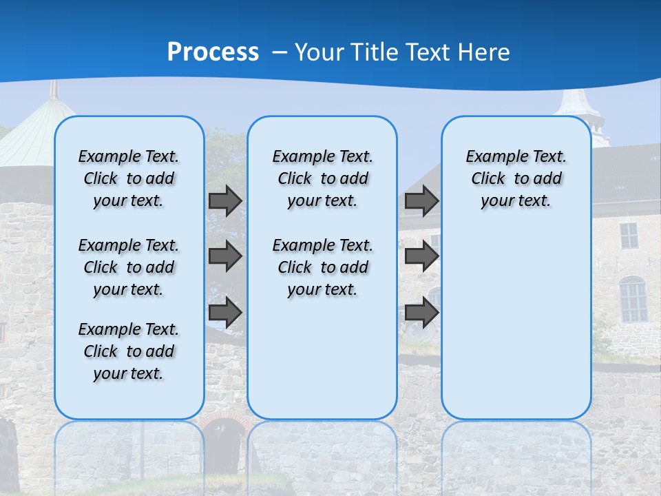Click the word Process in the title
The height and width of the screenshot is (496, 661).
click(x=213, y=52)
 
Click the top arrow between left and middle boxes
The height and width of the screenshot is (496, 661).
click(x=225, y=201)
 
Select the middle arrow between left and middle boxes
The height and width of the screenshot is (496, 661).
click(x=225, y=256)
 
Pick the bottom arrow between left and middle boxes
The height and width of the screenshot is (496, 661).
click(x=225, y=312)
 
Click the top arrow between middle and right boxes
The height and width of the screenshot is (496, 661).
click(x=421, y=201)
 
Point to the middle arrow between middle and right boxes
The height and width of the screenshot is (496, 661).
click(x=421, y=256)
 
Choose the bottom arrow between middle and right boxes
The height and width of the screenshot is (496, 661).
click(x=421, y=312)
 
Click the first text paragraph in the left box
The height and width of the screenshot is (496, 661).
click(x=129, y=178)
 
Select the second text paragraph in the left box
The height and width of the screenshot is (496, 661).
click(x=129, y=267)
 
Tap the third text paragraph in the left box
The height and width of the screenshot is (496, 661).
click(x=129, y=351)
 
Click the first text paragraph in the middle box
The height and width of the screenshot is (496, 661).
click(x=322, y=178)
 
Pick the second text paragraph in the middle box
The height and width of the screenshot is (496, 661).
click(x=322, y=267)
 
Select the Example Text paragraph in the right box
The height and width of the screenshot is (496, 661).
click(x=516, y=178)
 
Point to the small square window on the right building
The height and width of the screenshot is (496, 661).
click(x=629, y=236)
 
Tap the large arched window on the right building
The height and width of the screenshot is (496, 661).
click(x=632, y=299)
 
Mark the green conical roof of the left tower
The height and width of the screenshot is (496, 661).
click(x=34, y=131)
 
